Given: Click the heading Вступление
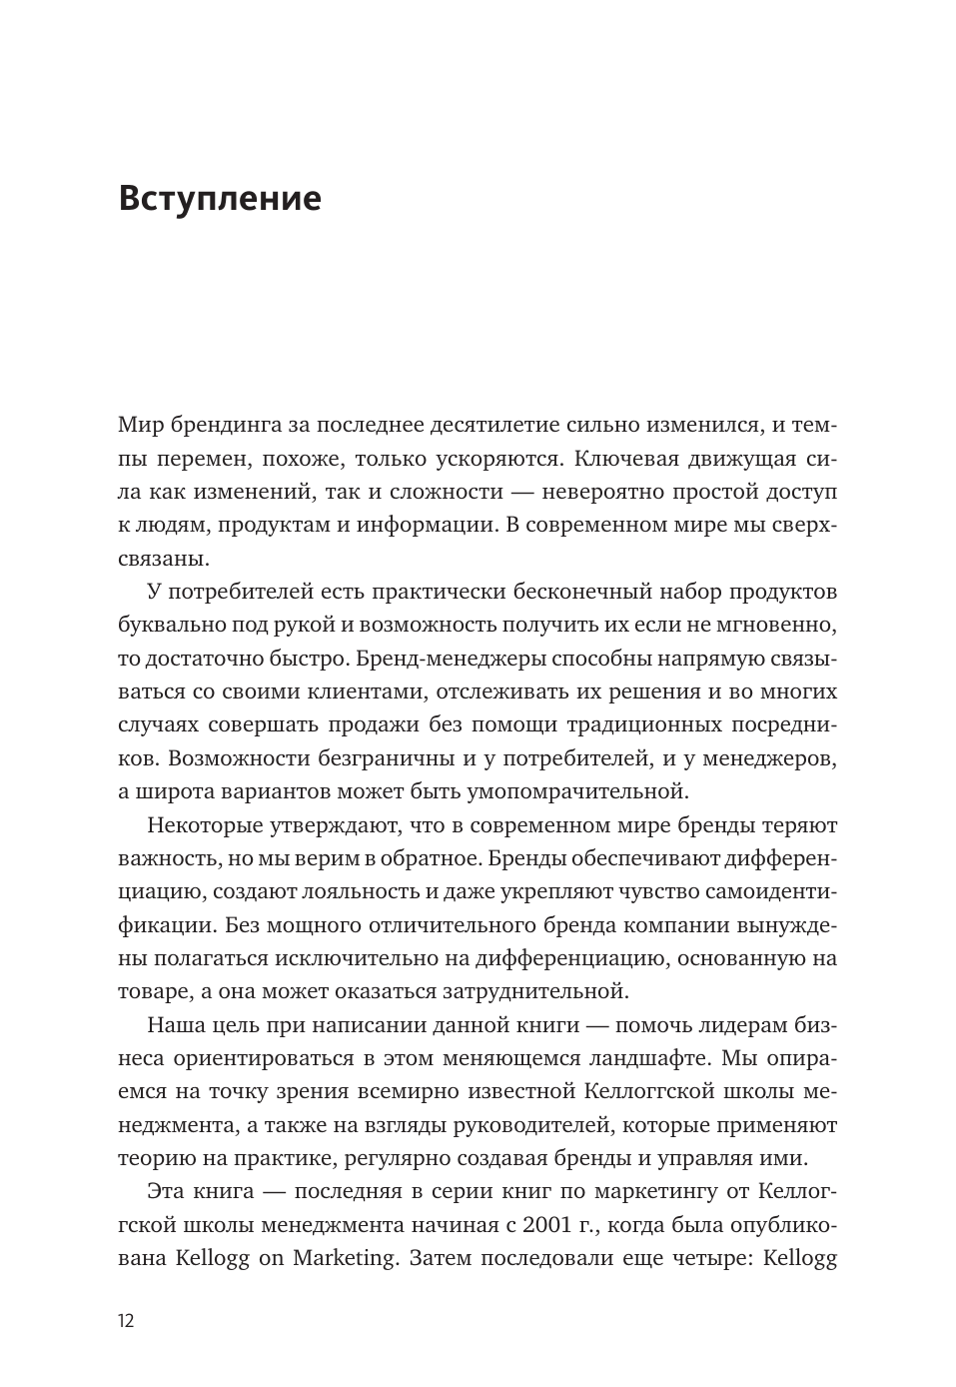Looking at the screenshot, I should pos(220,199).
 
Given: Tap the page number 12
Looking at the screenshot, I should pos(126,1320).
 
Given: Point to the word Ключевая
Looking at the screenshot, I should pos(625,459).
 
